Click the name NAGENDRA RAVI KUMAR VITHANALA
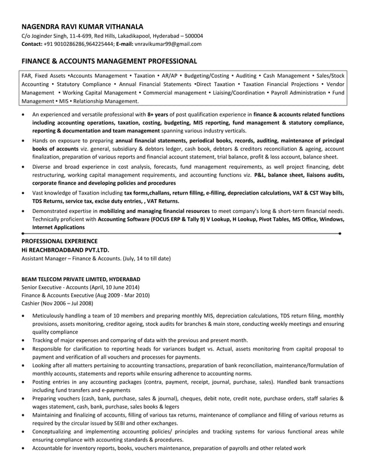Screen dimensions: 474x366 [x=83, y=26]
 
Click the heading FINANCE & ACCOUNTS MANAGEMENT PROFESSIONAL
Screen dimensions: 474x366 [x=109, y=61]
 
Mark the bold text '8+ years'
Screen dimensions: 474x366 [x=158, y=115]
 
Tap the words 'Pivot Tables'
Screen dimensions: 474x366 [x=273, y=219]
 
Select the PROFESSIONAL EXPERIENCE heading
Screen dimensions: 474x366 [x=59, y=241]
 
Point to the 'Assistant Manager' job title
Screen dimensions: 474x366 [x=44, y=258]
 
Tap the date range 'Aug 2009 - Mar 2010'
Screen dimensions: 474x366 [x=121, y=295]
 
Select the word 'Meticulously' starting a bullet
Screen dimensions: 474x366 [x=50, y=316]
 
